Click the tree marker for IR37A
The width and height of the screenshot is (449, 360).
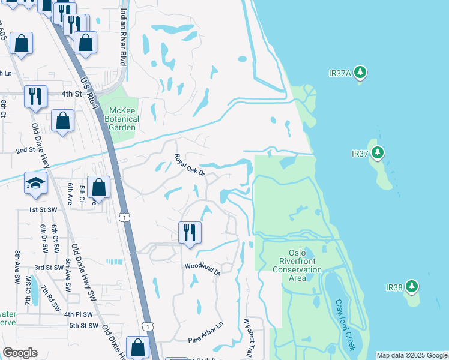[360, 73]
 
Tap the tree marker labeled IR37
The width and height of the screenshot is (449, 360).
[377, 154]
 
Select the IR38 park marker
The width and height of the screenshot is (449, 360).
[412, 287]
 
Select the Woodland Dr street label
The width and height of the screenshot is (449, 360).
[202, 268]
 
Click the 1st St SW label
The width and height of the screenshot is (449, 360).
[42, 209]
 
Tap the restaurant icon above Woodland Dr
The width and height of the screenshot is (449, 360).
[190, 231]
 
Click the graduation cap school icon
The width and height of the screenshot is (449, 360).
[36, 183]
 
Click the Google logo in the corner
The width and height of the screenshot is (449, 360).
[20, 353]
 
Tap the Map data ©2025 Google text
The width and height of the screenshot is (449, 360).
[412, 355]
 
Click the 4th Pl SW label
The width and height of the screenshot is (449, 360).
[79, 314]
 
